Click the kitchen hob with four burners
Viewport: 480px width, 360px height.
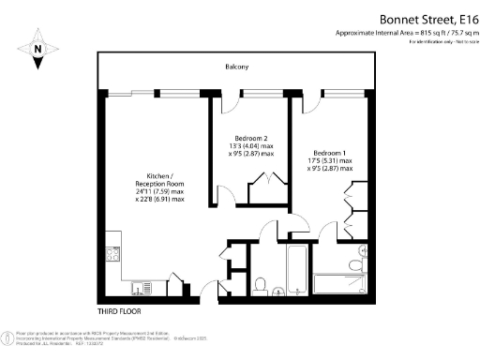pyautogui.click(x=112, y=253)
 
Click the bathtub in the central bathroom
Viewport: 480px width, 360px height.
pyautogui.click(x=286, y=272)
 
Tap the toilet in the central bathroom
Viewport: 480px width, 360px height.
pyautogui.click(x=262, y=284)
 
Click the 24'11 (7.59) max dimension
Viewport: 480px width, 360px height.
pyautogui.click(x=159, y=190)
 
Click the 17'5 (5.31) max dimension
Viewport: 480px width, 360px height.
pyautogui.click(x=333, y=161)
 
